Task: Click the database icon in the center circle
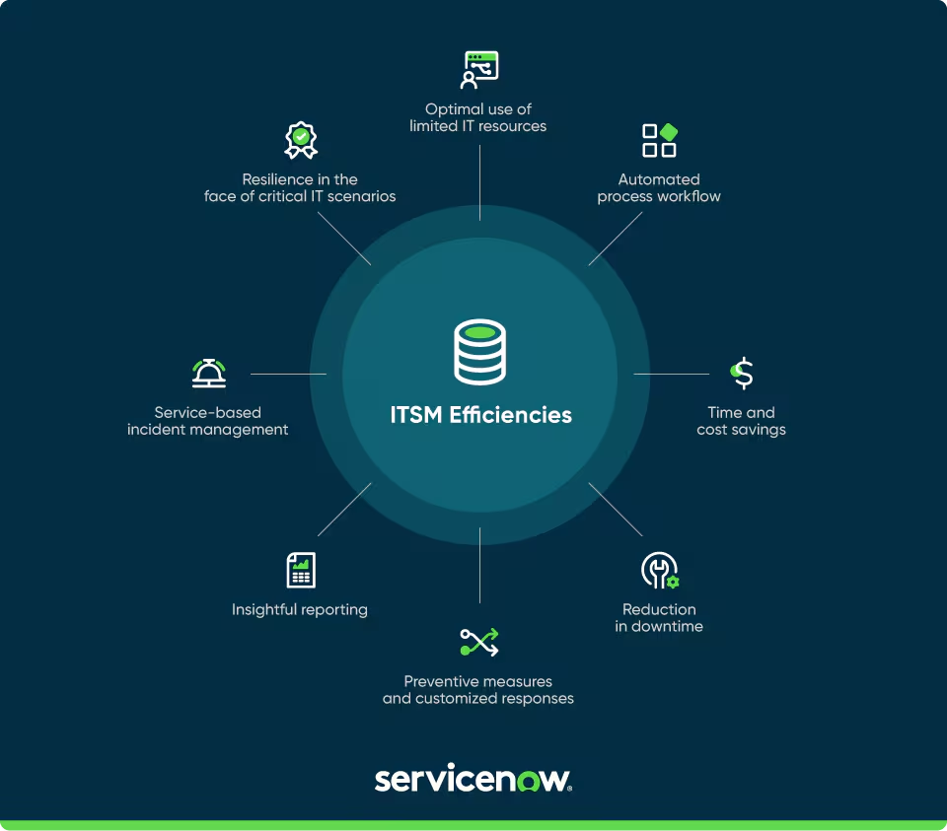tap(479, 351)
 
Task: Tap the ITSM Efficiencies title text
tap(480, 414)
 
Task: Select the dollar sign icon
tap(743, 373)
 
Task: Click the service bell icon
tap(208, 373)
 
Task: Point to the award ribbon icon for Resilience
tap(301, 140)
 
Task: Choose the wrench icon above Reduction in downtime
tap(659, 570)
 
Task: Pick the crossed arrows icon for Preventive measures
tap(479, 642)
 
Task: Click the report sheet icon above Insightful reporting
tap(301, 570)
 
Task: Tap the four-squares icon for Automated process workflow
tap(659, 140)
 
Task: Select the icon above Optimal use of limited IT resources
tap(479, 69)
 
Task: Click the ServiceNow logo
tap(473, 779)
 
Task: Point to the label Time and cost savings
tap(741, 421)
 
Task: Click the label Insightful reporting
tap(300, 609)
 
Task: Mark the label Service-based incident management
tap(208, 421)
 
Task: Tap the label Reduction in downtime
tap(659, 618)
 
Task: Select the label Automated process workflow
tap(659, 187)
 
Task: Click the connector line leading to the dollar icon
tap(671, 374)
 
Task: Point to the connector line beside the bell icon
tap(288, 374)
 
